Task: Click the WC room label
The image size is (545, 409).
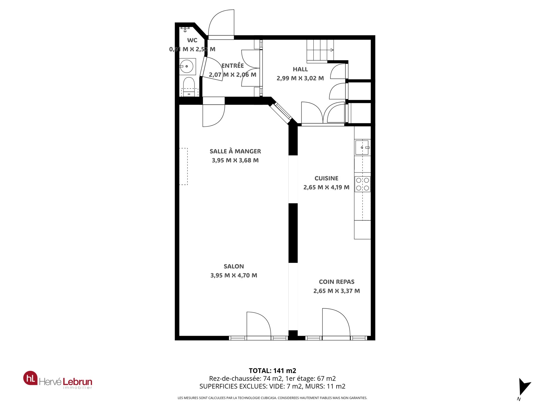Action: click(192, 40)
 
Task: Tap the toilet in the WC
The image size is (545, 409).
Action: click(189, 87)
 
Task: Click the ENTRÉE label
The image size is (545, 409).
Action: click(233, 65)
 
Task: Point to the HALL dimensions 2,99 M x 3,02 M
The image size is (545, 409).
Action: click(300, 78)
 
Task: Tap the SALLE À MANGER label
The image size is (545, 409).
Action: click(235, 151)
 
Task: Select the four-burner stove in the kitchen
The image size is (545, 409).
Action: click(362, 184)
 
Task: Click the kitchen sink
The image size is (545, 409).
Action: click(362, 148)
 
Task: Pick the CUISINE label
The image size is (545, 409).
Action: click(326, 178)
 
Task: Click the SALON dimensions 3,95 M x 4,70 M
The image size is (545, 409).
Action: click(234, 275)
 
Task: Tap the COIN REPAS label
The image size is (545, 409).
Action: click(337, 282)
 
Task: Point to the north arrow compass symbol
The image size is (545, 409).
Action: click(524, 388)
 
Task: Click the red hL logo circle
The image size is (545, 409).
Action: click(30, 378)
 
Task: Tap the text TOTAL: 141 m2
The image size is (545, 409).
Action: click(272, 370)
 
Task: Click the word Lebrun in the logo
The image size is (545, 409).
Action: click(77, 381)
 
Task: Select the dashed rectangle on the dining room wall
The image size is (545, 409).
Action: click(184, 166)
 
